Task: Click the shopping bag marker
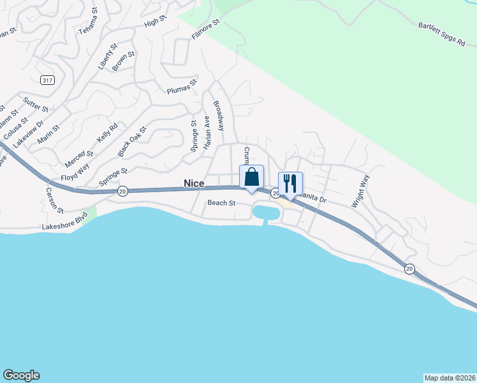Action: click(x=251, y=177)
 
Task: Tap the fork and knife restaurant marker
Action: click(x=290, y=183)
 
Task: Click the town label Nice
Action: click(x=194, y=183)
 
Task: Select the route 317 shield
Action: click(x=47, y=80)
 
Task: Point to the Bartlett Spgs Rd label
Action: click(x=443, y=37)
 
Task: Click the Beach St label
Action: click(x=222, y=203)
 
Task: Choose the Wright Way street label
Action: click(x=360, y=191)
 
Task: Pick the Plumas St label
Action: click(x=182, y=88)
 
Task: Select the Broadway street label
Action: click(x=219, y=116)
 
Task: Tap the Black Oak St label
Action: click(x=133, y=141)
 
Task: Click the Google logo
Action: click(x=21, y=375)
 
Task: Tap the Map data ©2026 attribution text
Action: click(x=450, y=377)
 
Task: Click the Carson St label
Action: click(x=54, y=199)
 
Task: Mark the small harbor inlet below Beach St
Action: click(x=266, y=212)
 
